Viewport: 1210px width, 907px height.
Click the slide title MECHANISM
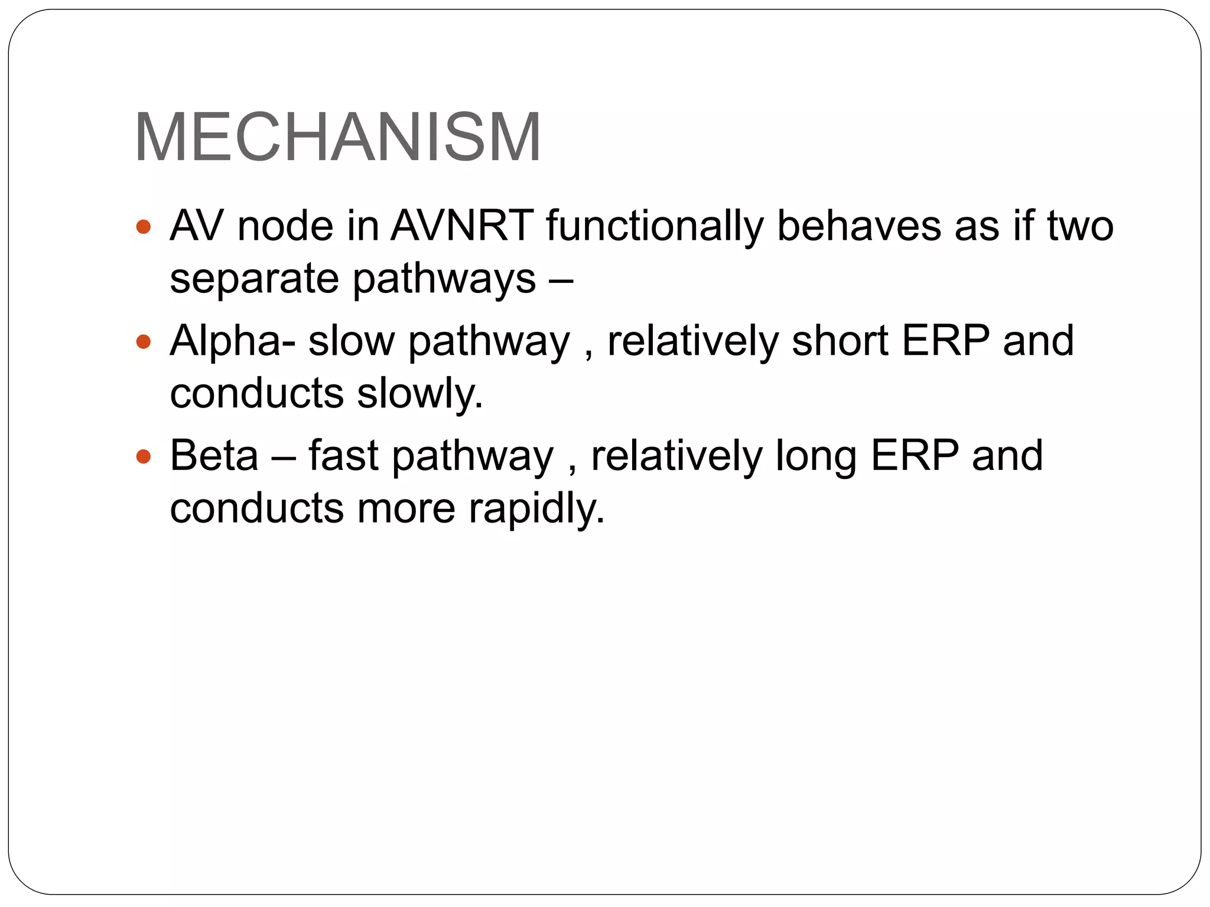(337, 138)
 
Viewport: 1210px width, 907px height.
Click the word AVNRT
(462, 226)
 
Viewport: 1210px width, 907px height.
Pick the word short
(840, 341)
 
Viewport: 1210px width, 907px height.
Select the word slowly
(420, 393)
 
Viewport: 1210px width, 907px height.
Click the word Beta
(214, 455)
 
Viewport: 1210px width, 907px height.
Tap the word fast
(343, 455)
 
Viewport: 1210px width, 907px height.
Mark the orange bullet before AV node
(144, 226)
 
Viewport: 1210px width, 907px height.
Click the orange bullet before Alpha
(144, 341)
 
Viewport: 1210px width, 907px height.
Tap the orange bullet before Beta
(144, 456)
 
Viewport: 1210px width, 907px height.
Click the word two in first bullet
(1080, 226)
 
